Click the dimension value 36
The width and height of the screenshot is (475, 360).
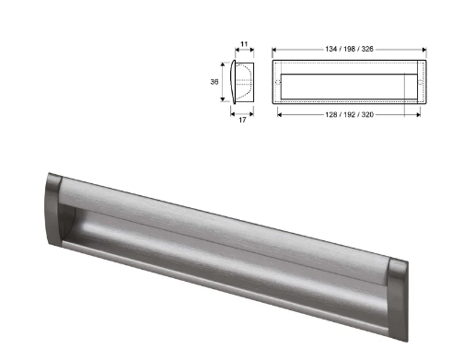click(214, 81)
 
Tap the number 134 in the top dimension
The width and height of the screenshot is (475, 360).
click(330, 47)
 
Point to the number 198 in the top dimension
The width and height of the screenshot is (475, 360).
click(351, 47)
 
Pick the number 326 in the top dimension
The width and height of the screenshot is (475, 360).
click(371, 47)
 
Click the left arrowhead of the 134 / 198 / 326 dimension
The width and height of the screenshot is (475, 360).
click(275, 47)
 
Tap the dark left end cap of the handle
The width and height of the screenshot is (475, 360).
click(53, 212)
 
